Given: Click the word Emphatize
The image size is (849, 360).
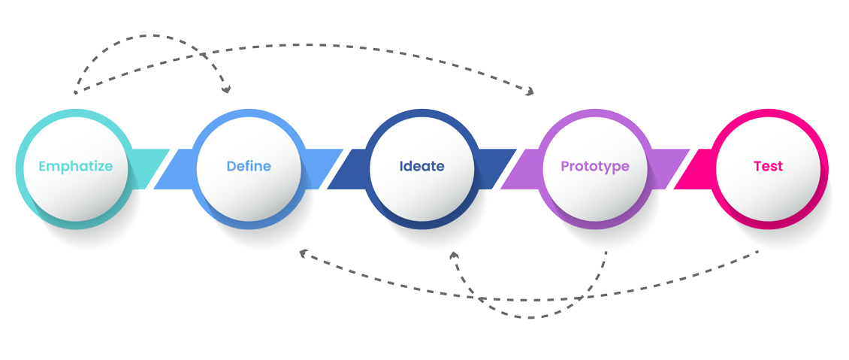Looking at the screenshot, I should click(x=75, y=166).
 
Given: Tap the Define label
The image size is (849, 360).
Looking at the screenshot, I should click(x=249, y=166).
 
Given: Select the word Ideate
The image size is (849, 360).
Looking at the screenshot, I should click(x=421, y=166).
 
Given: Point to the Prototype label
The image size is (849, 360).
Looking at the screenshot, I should click(x=595, y=166).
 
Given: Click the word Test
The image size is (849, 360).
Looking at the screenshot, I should click(x=768, y=166).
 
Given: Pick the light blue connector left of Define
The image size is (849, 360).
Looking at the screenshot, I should click(x=174, y=168).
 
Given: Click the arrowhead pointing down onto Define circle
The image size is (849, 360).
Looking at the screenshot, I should click(x=226, y=89).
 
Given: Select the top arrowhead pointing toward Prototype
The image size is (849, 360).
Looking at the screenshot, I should click(x=530, y=92).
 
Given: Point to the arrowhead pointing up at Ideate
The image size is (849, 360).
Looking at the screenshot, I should click(x=454, y=256).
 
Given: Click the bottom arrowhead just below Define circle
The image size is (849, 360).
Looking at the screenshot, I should click(x=303, y=254).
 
